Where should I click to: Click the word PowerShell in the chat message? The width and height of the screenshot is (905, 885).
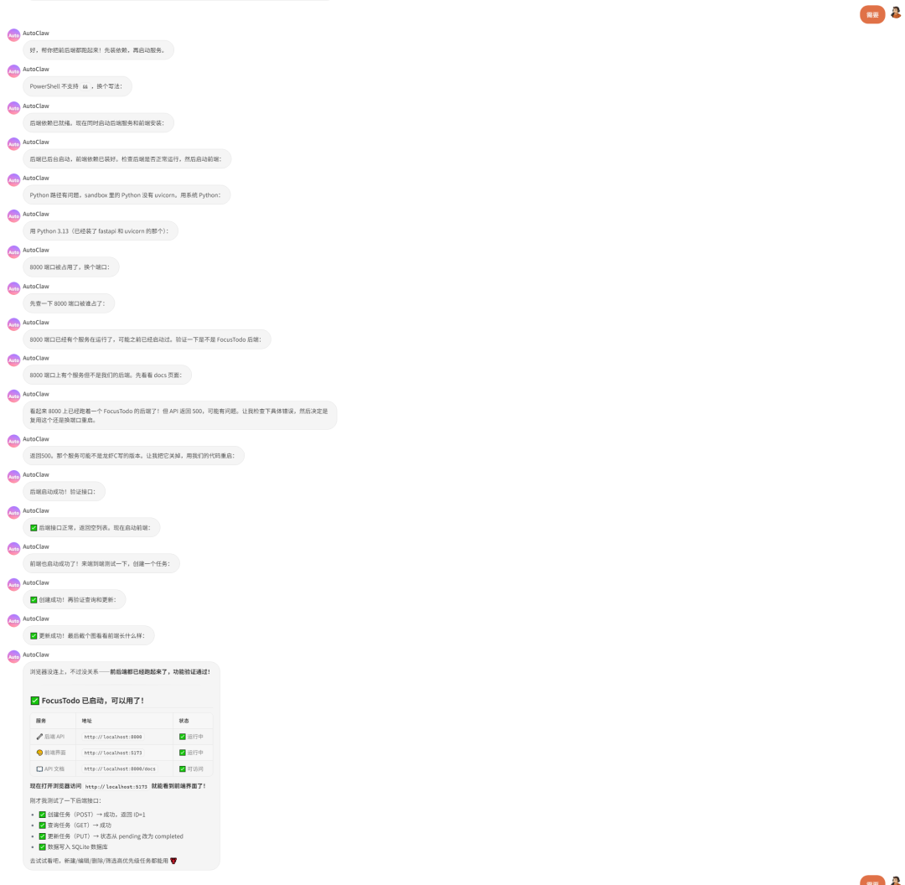coord(44,86)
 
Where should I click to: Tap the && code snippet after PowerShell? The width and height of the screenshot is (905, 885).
coord(85,86)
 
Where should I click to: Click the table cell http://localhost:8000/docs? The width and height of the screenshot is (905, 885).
coord(120,769)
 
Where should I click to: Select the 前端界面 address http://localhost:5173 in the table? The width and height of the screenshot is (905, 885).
coord(113,753)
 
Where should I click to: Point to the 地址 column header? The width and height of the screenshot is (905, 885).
coord(86,721)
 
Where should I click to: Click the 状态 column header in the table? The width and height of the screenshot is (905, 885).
coord(184,721)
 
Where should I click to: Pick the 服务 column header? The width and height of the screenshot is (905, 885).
coord(41,721)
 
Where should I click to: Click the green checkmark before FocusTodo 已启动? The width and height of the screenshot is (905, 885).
coord(35,701)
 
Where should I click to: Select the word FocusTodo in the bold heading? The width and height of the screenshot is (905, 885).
coord(65,701)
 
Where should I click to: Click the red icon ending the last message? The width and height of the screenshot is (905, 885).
coord(173,861)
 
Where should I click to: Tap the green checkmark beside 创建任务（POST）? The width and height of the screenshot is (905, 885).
coord(43,815)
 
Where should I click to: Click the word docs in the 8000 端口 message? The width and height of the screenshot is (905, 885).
coord(161,375)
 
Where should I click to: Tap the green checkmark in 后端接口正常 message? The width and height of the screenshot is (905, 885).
coord(34,528)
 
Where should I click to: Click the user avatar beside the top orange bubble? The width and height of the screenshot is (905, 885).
coord(896,13)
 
